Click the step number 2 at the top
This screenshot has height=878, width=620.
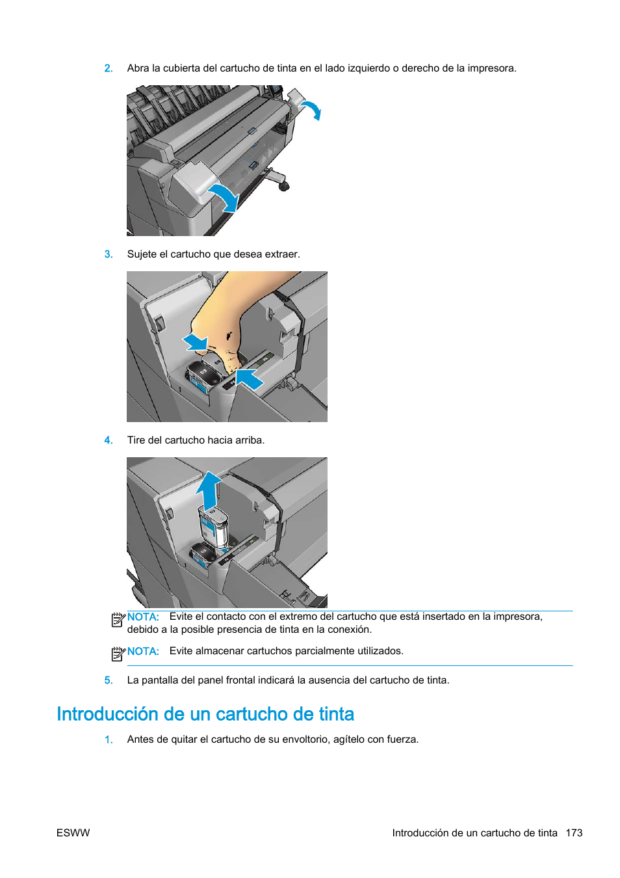pos(108,68)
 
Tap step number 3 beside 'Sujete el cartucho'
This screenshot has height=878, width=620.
pos(108,254)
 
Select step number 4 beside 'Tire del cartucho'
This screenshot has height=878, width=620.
pos(108,440)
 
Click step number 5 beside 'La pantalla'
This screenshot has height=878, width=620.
pos(108,680)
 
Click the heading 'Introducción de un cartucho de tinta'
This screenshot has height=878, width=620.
pos(205,714)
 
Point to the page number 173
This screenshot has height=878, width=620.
pos(574,833)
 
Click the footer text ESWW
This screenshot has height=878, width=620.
pos(73,833)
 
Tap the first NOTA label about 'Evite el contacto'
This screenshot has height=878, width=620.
pos(143,617)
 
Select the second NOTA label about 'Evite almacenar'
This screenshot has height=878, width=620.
pos(143,652)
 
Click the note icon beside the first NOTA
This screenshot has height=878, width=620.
pos(118,620)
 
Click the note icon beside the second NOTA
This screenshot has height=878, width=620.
pos(118,654)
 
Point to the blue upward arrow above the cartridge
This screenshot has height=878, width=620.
pos(209,490)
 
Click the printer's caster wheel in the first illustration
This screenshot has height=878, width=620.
pos(283,186)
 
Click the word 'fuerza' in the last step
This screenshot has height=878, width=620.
pos(401,739)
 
